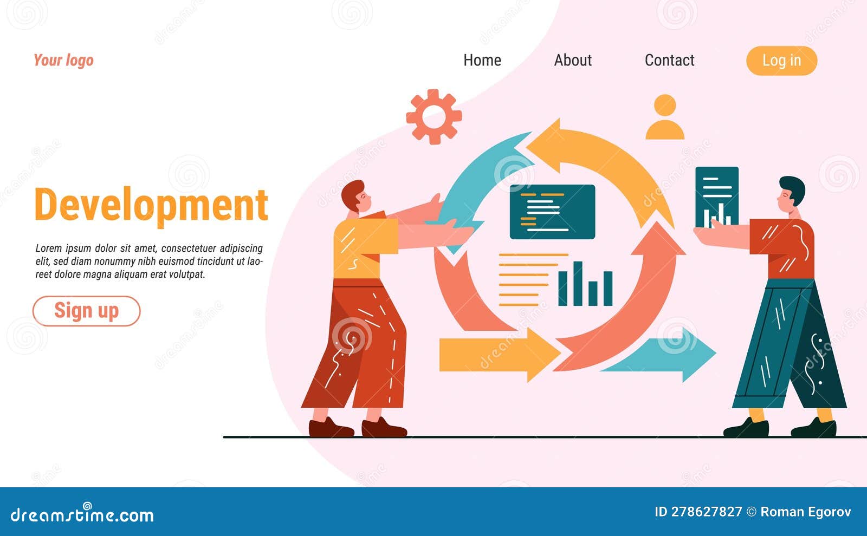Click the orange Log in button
(x=781, y=61)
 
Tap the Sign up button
(x=86, y=311)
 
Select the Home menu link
(x=482, y=60)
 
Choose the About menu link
(x=572, y=60)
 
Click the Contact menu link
(x=669, y=60)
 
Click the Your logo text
(x=63, y=60)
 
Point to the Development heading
(x=151, y=205)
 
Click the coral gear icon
(x=433, y=116)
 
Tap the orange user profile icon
(x=665, y=117)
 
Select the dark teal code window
(x=552, y=212)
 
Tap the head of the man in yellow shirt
(x=356, y=197)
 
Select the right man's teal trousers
(x=788, y=347)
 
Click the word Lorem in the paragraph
(x=48, y=249)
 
